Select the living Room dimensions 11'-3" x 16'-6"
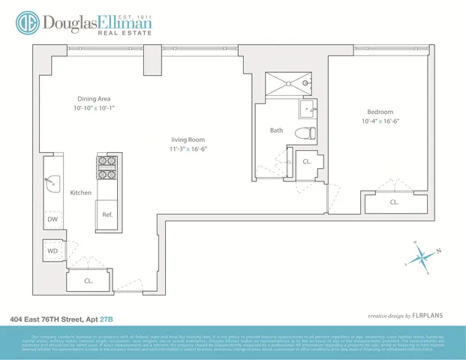pos(186,149)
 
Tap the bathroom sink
pos(309,110)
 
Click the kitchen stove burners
pos(106,169)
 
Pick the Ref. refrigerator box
pos(107,214)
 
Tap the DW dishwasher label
pos(53,220)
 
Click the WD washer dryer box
pos(53,251)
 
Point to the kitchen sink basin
pos(53,181)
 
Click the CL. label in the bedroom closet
pos(393,202)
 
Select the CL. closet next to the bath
pos(307,162)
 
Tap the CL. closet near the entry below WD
pos(88,281)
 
